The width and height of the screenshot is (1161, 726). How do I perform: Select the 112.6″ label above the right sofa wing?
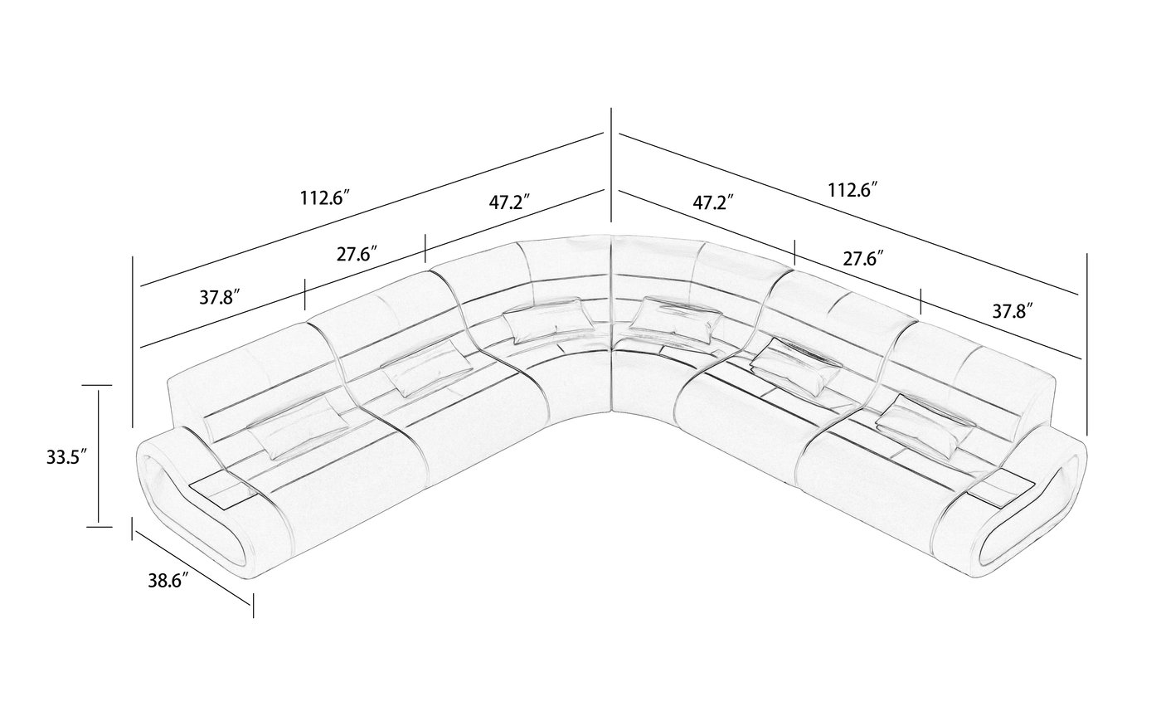[x=853, y=190]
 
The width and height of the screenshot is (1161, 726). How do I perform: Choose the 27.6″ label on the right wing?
[x=862, y=258]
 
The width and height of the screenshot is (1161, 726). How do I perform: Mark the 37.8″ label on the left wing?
[x=220, y=297]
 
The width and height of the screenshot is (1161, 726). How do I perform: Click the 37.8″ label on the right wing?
[x=1013, y=311]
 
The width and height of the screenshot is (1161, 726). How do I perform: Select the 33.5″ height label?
[x=67, y=456]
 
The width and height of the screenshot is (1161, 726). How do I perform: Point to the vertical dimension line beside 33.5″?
[x=99, y=455]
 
